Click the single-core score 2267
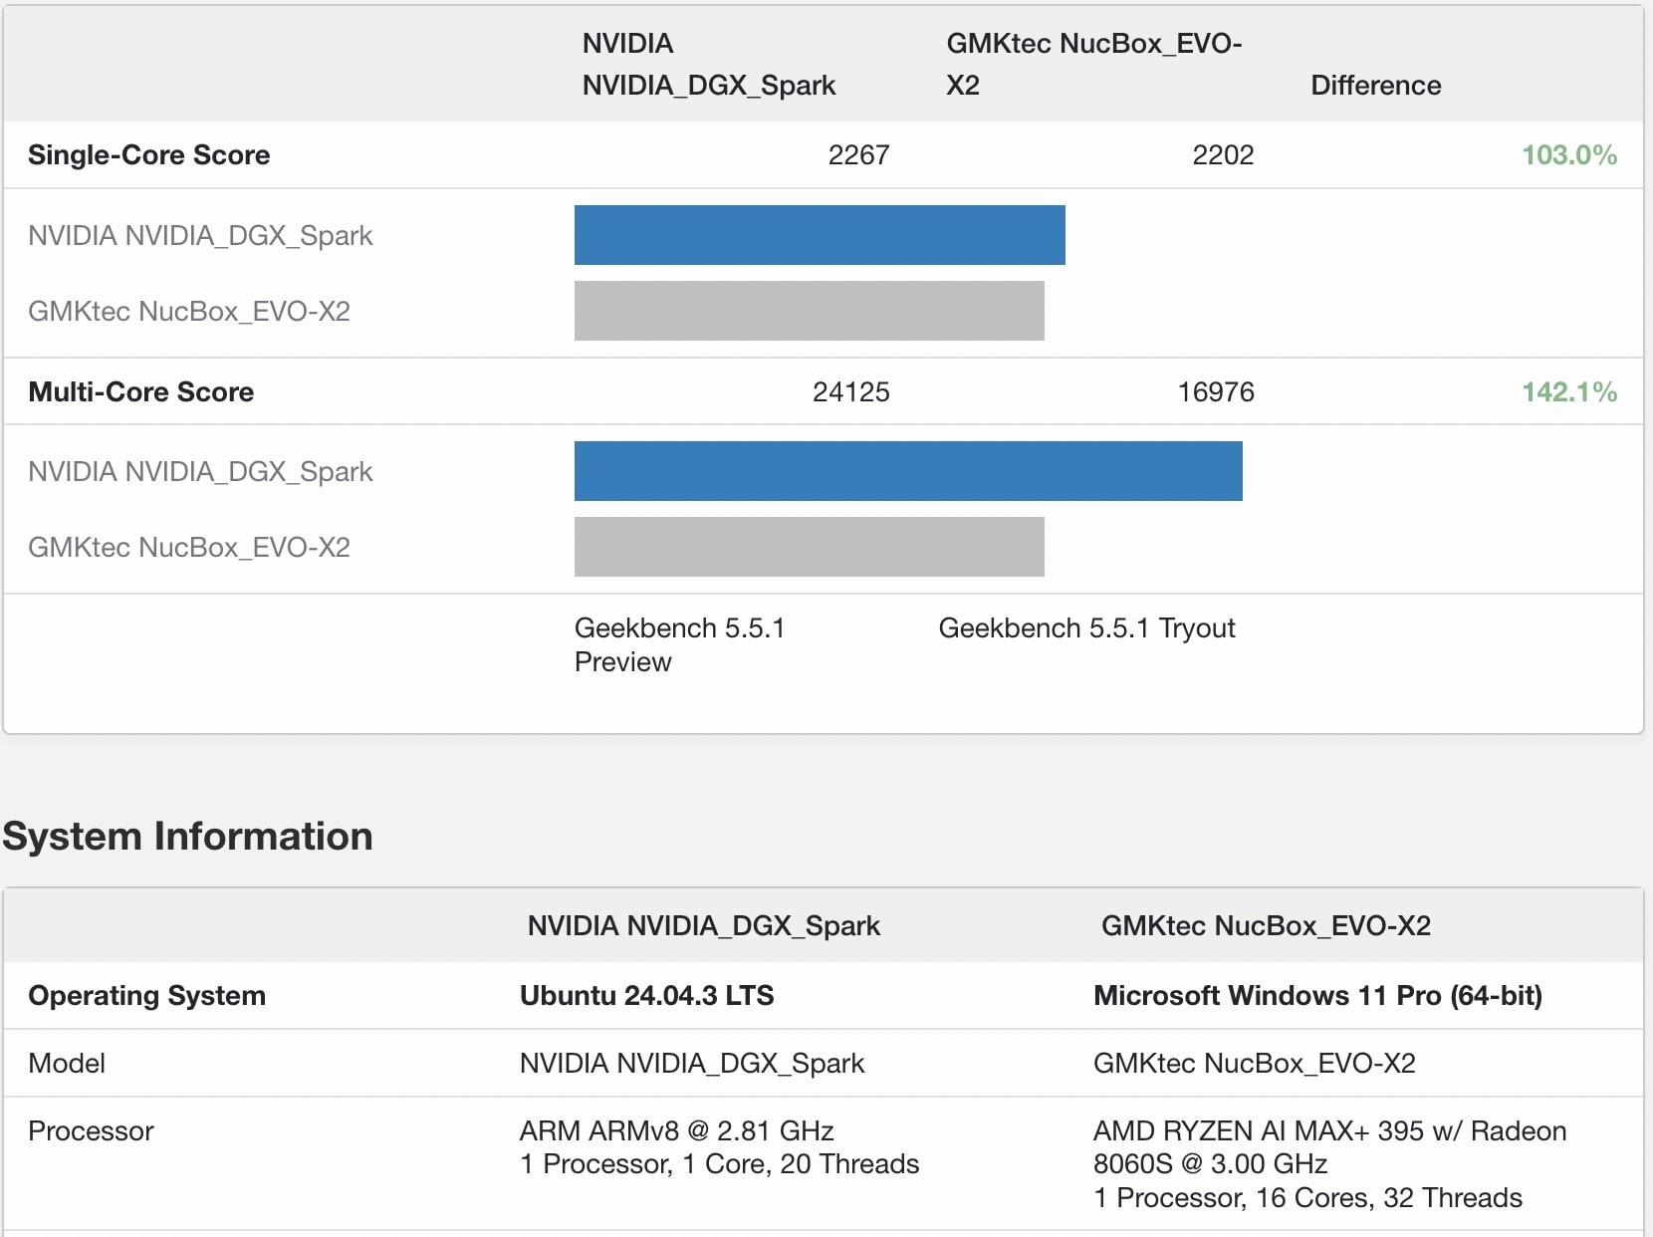[x=858, y=155]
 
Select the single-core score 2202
[x=1223, y=155]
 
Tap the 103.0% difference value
[x=1568, y=155]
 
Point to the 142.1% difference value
[x=1568, y=392]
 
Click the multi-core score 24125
[x=850, y=392]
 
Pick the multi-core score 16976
[x=1215, y=392]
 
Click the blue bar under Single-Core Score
[x=820, y=235]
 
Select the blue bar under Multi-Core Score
[x=908, y=471]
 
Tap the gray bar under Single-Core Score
[x=809, y=311]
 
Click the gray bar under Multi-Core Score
[x=809, y=547]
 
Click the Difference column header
[x=1375, y=86]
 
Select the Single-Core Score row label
[x=149, y=155]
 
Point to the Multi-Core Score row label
[x=141, y=392]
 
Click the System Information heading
[x=187, y=837]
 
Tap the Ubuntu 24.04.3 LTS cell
[x=646, y=996]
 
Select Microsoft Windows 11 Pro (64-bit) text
[x=1317, y=996]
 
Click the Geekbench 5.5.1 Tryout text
[x=1086, y=628]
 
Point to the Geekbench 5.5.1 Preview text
[x=679, y=644]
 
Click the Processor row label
[x=91, y=1131]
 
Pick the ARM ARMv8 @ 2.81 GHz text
[x=676, y=1131]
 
